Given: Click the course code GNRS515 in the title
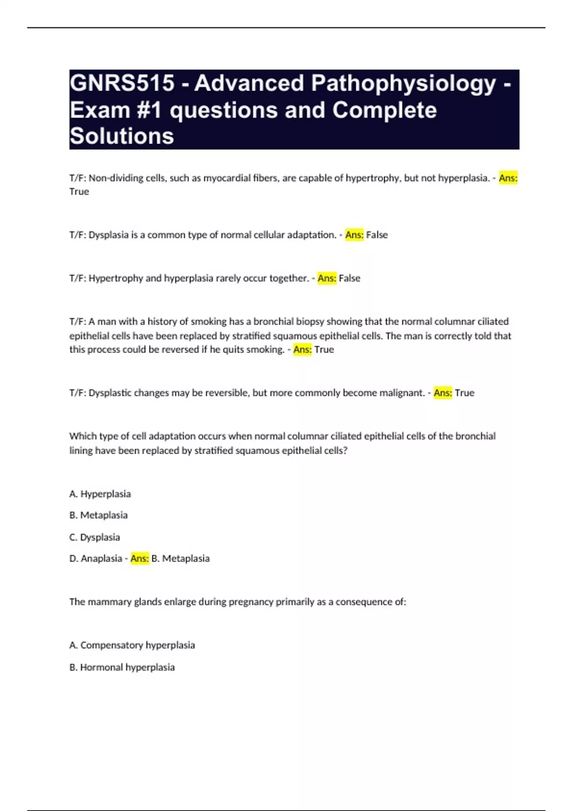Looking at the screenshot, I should [x=122, y=83].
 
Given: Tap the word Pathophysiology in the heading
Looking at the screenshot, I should [x=403, y=83].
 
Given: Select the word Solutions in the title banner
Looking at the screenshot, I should [x=122, y=136].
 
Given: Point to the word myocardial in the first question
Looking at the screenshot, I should [x=225, y=178].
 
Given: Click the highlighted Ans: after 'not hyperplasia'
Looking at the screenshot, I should [x=508, y=178].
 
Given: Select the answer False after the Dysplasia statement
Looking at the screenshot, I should [x=377, y=235].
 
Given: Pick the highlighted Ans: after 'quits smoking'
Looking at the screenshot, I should [x=302, y=350].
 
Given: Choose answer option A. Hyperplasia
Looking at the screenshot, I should [x=100, y=494].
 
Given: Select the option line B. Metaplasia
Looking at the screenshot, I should [x=98, y=515].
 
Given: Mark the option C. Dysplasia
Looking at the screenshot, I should [x=95, y=537].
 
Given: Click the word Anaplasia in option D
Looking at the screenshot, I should [x=101, y=559].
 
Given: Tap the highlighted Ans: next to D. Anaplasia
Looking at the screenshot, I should [x=139, y=559].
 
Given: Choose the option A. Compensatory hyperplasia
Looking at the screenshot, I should [x=132, y=645].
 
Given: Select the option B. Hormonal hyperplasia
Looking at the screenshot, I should [x=122, y=667].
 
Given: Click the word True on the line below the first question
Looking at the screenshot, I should [x=79, y=192].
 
